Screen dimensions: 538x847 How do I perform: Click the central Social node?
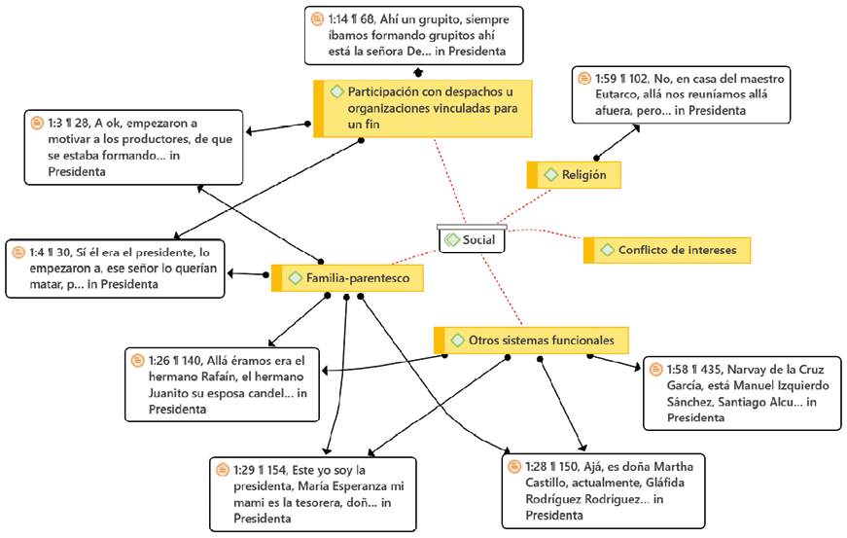(472, 239)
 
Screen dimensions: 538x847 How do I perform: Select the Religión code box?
(574, 175)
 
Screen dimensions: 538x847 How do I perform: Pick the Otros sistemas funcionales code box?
(531, 341)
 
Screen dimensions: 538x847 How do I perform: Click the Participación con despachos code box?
(424, 108)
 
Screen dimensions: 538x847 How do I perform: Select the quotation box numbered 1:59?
(681, 94)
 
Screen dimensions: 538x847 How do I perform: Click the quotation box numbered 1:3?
(134, 147)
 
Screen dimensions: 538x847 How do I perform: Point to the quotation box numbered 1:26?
(223, 384)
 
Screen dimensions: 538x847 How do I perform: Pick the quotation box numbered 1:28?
(603, 490)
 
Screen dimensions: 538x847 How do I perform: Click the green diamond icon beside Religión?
(549, 175)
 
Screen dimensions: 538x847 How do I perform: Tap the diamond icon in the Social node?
(451, 240)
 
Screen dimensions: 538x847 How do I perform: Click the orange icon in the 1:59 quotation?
(583, 79)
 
